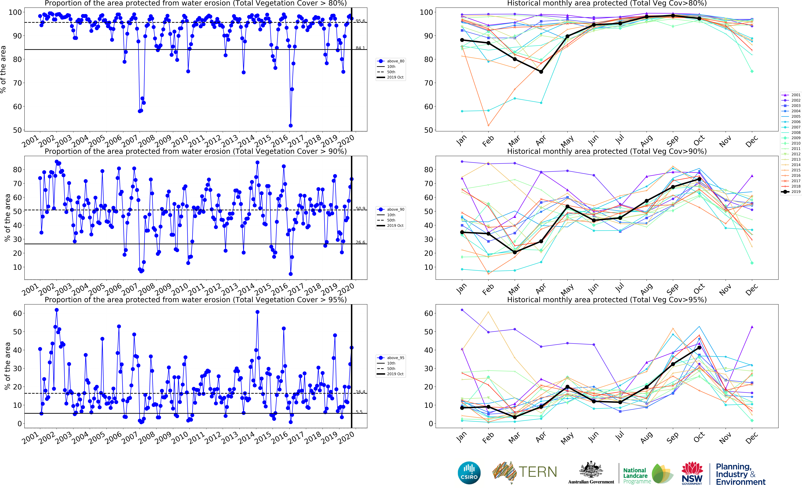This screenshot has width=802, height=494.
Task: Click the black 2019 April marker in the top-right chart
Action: click(x=541, y=72)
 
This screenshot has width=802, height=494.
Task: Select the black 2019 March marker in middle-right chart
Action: click(x=515, y=252)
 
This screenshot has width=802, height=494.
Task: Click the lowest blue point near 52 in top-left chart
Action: click(x=291, y=125)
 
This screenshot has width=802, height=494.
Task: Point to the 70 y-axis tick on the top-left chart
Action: click(x=17, y=83)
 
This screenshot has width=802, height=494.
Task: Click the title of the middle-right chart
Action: click(x=607, y=151)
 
